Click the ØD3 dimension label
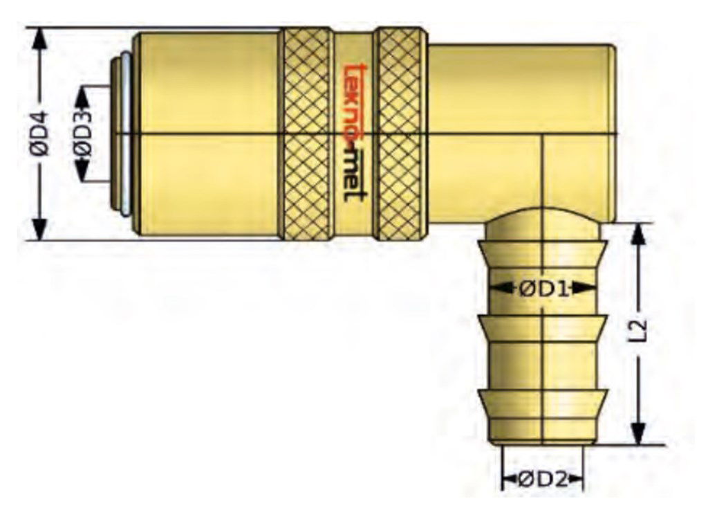coord(83,134)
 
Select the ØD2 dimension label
coord(543,479)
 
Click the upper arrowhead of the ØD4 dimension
coord(41,40)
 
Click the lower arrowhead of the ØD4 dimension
coord(41,228)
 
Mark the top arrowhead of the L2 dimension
coord(639,235)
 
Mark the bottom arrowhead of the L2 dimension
coord(639,433)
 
